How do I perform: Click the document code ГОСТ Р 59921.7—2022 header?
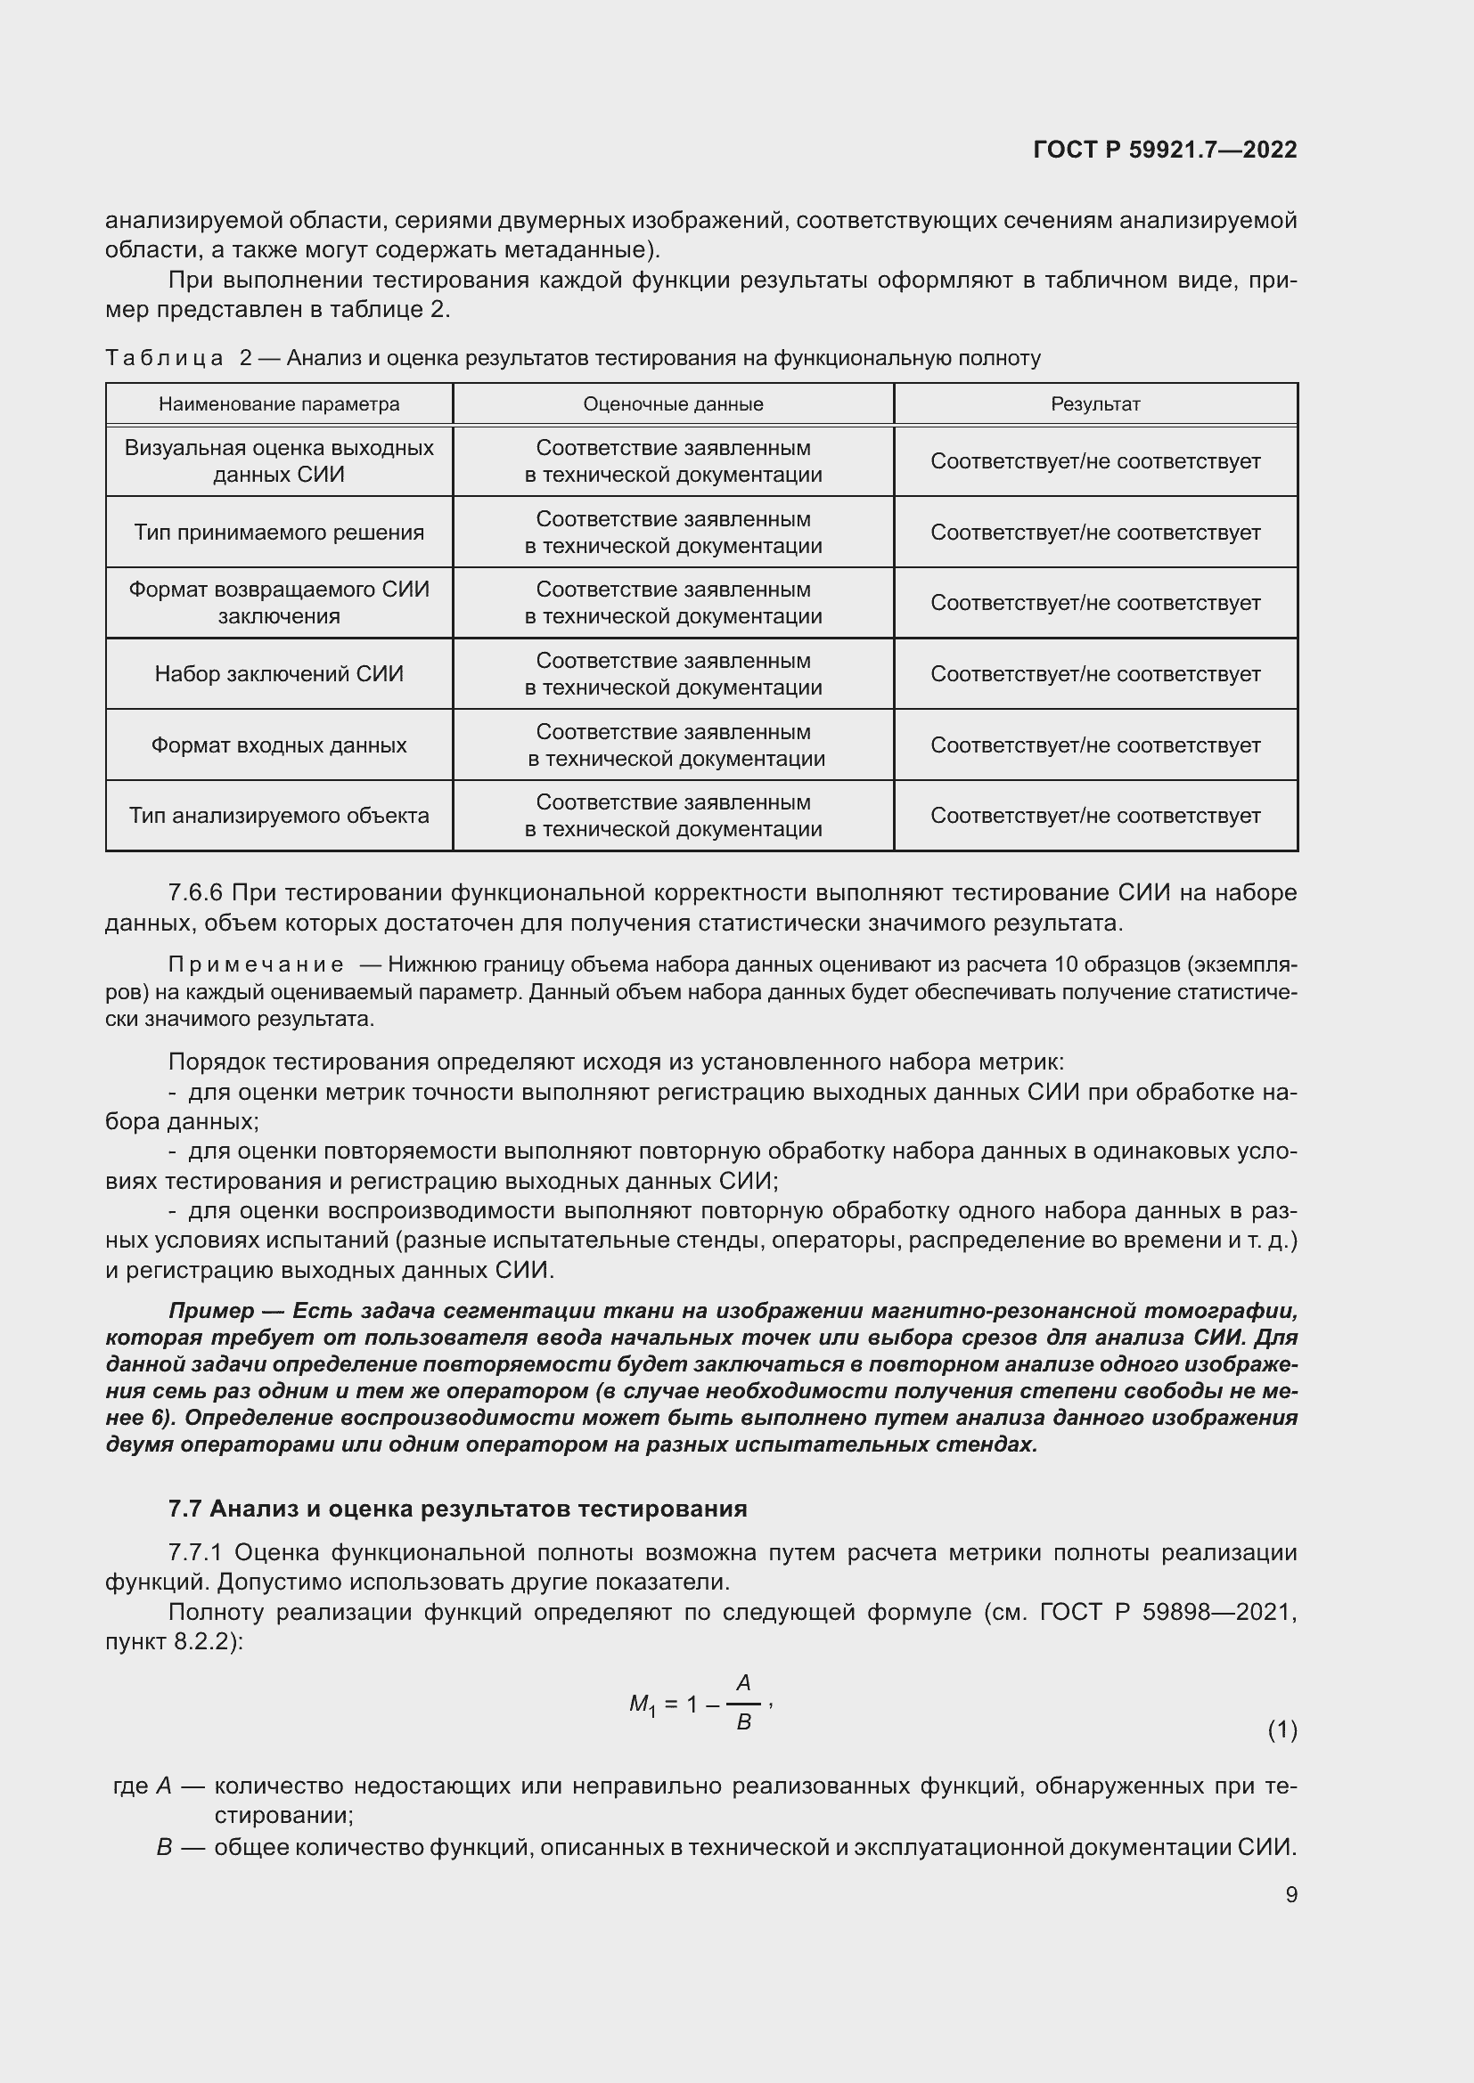[x=1165, y=150]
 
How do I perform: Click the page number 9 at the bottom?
[x=1290, y=1894]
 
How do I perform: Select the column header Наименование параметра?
[x=279, y=403]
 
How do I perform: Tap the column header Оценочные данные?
[x=673, y=403]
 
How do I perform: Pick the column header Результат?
[x=1094, y=403]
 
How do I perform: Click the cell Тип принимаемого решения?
[x=279, y=533]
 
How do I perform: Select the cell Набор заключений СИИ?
[x=279, y=674]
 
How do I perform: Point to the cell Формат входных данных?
[x=279, y=745]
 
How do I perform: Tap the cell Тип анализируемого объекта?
[x=279, y=816]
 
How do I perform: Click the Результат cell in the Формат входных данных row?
[x=1094, y=745]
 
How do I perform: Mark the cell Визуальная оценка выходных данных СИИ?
[x=279, y=461]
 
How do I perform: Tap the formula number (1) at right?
[x=1282, y=1730]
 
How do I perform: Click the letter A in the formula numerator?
[x=743, y=1683]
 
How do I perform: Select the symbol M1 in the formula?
[x=642, y=1705]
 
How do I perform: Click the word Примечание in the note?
[x=256, y=964]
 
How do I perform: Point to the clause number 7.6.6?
[x=195, y=892]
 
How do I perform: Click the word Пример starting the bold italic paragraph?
[x=211, y=1311]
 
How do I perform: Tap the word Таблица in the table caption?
[x=164, y=358]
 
